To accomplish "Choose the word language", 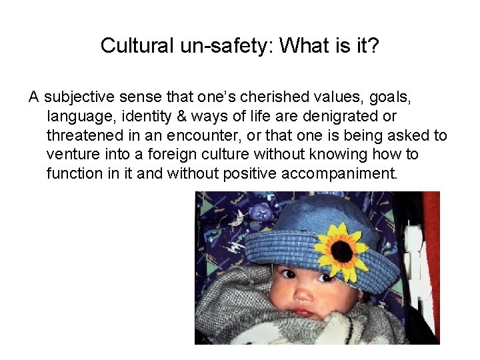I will (77, 117).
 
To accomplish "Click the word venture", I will (69, 155).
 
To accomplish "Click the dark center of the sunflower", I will (341, 251).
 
